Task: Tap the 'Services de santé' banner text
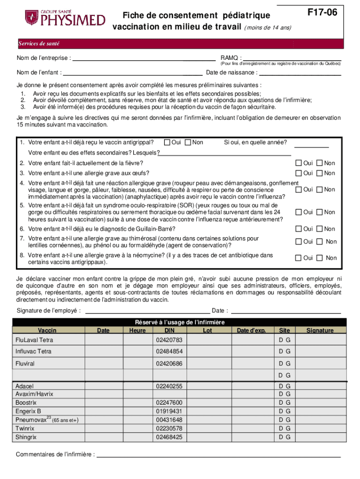click(x=39, y=44)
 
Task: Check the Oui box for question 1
click(x=167, y=142)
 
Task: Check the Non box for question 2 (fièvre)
click(x=320, y=163)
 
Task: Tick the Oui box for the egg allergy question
click(x=298, y=173)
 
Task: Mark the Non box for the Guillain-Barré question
click(x=320, y=229)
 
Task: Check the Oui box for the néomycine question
click(x=298, y=258)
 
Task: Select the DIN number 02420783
click(x=169, y=340)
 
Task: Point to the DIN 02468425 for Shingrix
click(x=169, y=437)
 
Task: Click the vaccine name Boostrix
click(x=26, y=403)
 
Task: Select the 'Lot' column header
click(x=208, y=331)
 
